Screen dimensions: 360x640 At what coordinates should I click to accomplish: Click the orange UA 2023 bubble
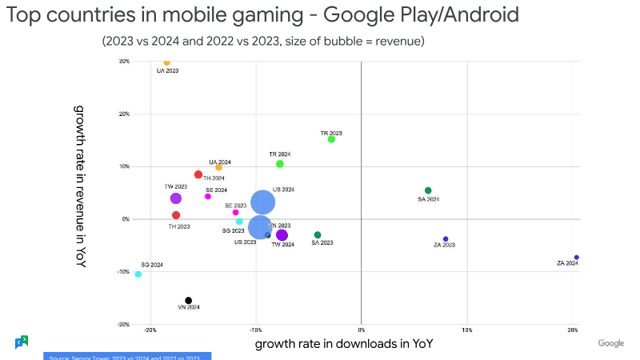point(166,62)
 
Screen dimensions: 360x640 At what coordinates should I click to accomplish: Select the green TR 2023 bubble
point(331,139)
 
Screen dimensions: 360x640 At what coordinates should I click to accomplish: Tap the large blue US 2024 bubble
point(263,202)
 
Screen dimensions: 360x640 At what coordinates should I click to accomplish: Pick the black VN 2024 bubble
point(189,301)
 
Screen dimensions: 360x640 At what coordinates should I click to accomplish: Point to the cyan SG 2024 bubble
point(138,274)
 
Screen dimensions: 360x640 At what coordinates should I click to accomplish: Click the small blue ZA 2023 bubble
point(446,239)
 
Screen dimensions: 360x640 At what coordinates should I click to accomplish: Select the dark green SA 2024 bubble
point(428,190)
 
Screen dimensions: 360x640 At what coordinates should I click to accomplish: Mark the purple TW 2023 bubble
point(175,198)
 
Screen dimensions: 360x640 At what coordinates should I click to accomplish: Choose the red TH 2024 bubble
point(198,174)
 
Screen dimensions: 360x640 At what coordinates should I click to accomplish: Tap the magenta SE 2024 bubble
point(208,197)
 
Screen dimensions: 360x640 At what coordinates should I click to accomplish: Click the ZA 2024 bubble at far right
point(576,258)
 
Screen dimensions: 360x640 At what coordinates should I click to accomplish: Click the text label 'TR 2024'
point(280,154)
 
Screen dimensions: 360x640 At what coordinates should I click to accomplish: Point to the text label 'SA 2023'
point(322,242)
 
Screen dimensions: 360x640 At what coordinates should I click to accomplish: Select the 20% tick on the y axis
point(125,114)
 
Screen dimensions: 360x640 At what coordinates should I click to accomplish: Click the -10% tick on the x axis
point(256,330)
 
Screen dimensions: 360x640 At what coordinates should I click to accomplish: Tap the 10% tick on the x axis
point(467,330)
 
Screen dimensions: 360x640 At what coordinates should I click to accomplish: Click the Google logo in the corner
point(611,343)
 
